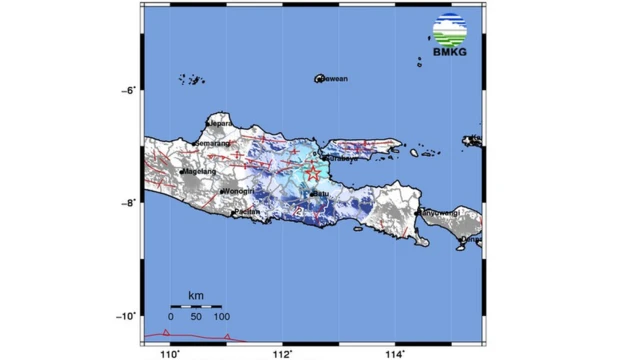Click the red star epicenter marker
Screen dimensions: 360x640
[x=313, y=172]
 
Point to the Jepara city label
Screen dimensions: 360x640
[x=221, y=124]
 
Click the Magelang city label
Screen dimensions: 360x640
[x=200, y=171]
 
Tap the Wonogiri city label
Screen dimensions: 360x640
[x=238, y=192]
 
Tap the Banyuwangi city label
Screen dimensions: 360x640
[x=437, y=212]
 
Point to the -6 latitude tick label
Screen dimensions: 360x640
[x=127, y=90]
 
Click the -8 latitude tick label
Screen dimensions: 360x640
[x=127, y=203]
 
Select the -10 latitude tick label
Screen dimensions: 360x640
[x=125, y=316]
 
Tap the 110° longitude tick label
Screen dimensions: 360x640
[x=171, y=352]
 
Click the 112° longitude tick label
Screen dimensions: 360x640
[x=285, y=352]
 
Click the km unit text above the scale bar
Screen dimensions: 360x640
[x=195, y=295]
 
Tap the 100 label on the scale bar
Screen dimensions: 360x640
[x=221, y=317]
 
